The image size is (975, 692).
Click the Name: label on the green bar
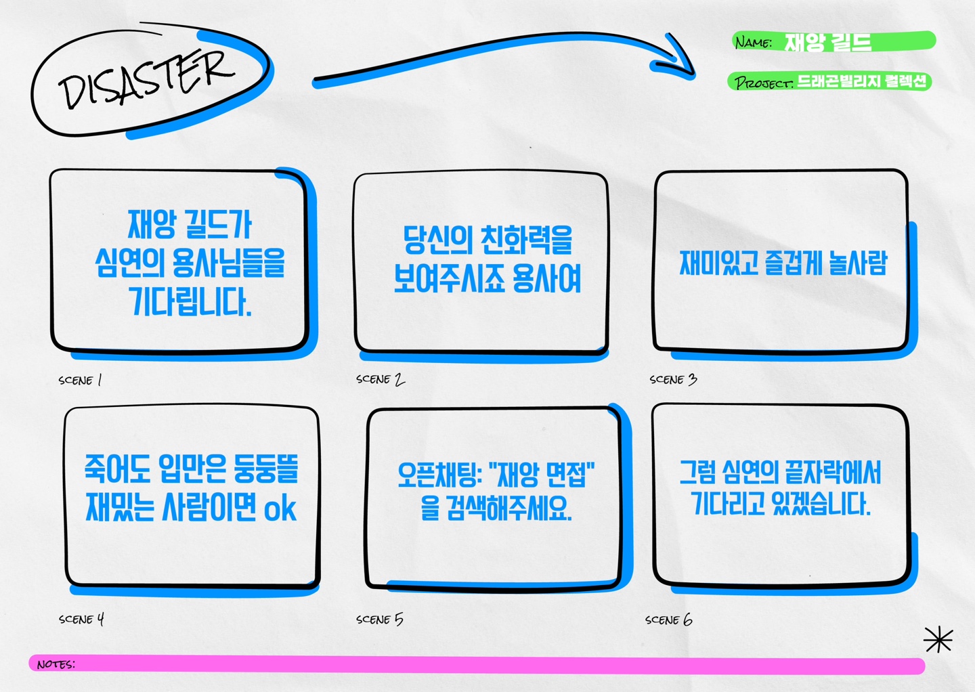pyautogui.click(x=753, y=43)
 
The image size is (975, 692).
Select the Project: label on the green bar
pyautogui.click(x=763, y=83)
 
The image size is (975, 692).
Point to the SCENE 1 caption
pyautogui.click(x=80, y=381)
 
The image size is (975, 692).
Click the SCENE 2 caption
pyautogui.click(x=380, y=380)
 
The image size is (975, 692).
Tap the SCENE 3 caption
pyautogui.click(x=673, y=380)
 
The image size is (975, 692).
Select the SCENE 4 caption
pyautogui.click(x=81, y=619)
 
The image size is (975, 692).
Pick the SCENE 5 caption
pyautogui.click(x=379, y=620)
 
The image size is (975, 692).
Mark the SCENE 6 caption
pyautogui.click(x=668, y=620)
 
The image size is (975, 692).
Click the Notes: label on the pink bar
pyautogui.click(x=56, y=665)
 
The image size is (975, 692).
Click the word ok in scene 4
pyautogui.click(x=280, y=509)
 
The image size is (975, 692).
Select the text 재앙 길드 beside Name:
pyautogui.click(x=827, y=43)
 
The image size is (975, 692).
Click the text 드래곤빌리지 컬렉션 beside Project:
pyautogui.click(x=861, y=82)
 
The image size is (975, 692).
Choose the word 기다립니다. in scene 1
pyautogui.click(x=190, y=301)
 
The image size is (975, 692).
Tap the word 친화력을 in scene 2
pyautogui.click(x=526, y=240)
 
